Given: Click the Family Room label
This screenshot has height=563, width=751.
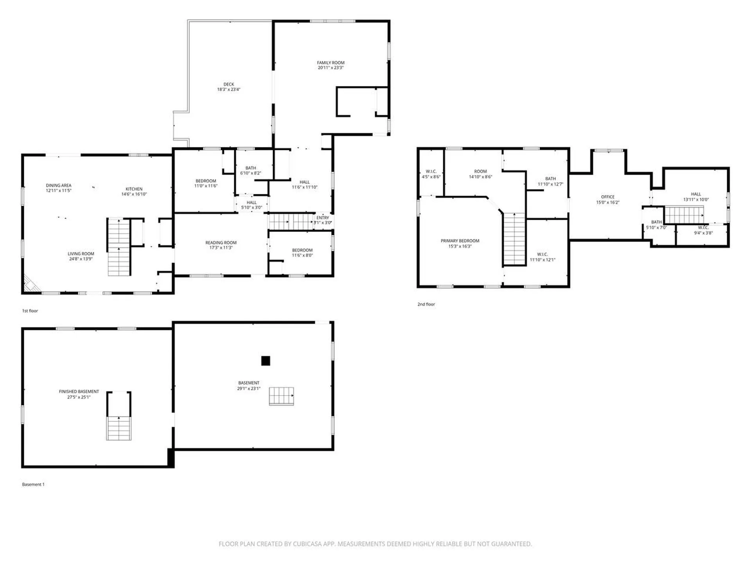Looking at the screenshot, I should coord(331,63).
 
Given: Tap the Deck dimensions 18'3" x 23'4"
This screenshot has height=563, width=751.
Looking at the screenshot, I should coord(229,90).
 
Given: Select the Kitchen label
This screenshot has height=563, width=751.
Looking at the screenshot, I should coord(134,189).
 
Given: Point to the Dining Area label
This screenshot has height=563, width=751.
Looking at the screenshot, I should coord(59,185).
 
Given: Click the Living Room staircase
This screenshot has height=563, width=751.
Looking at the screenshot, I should coord(119,247).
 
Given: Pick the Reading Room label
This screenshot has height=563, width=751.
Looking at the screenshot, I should coord(221,242).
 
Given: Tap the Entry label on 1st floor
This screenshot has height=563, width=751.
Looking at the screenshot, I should coord(323,218).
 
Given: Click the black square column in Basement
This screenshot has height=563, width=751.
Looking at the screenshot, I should coord(266,360).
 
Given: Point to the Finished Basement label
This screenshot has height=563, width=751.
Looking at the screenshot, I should coord(79,391).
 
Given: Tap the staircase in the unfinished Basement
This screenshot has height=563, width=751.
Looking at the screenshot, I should coord(281,396).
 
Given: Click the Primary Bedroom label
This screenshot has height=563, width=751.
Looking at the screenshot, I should coord(460,241).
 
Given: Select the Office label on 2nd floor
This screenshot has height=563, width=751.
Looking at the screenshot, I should coord(608,197).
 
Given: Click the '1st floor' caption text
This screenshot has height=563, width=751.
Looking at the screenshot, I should coord(30,311).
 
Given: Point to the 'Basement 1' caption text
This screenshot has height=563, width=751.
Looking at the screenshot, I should coord(33,484).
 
